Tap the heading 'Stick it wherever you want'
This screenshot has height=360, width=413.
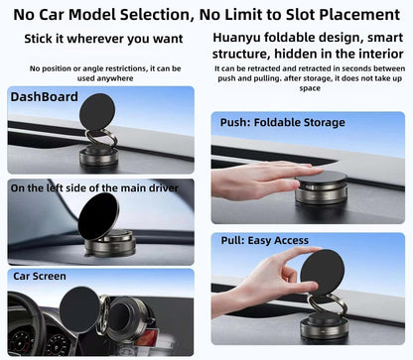pos(105,39)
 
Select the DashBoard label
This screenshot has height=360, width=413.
pos(45,97)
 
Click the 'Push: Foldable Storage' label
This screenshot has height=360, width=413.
pos(283,122)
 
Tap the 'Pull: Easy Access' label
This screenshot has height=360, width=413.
pos(265,240)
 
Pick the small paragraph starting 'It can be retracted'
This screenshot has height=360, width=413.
pos(310,78)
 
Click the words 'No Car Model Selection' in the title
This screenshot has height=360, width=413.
pos(98,14)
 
